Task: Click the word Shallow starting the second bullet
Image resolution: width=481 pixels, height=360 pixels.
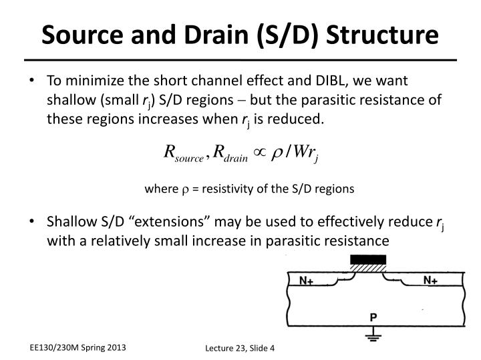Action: [69, 222]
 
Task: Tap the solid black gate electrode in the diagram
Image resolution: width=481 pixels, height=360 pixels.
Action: [367, 259]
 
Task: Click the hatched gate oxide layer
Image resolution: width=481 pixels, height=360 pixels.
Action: [367, 268]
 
